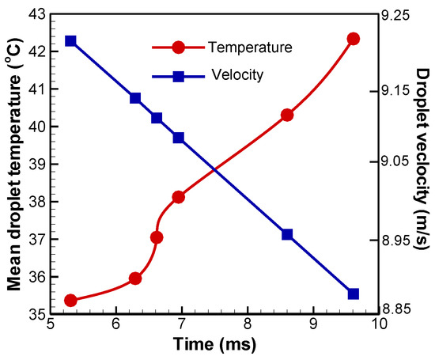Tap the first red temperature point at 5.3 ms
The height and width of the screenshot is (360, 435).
[70, 300]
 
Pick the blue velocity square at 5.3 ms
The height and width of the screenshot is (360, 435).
[70, 40]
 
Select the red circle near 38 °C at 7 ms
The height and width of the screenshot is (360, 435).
[179, 196]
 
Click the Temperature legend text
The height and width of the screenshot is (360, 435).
[250, 47]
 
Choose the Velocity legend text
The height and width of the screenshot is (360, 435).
[237, 76]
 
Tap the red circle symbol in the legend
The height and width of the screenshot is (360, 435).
[179, 47]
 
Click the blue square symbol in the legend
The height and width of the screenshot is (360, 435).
[179, 76]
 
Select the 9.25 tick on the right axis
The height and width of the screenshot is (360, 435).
[403, 13]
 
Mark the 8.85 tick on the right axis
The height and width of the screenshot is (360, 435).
[403, 314]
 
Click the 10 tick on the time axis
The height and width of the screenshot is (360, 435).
[380, 325]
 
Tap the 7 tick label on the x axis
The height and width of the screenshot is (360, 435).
[182, 325]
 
